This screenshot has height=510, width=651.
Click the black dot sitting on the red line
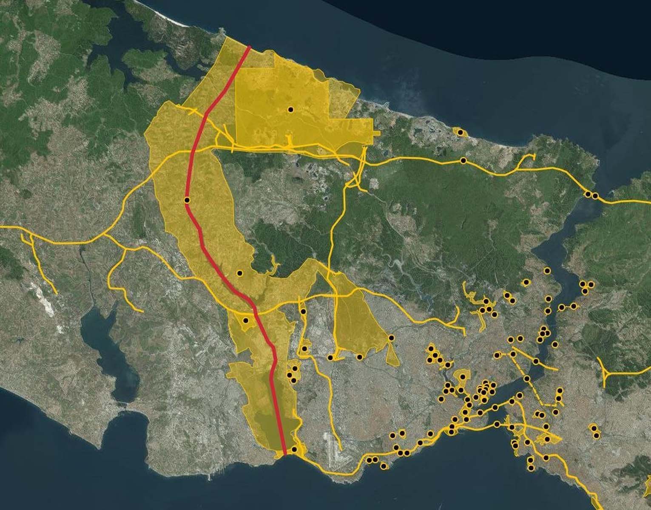coord(187,200)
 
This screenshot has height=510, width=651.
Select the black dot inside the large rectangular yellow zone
coord(290,109)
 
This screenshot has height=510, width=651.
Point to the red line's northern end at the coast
coord(249,46)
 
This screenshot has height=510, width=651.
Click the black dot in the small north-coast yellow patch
coord(460,133)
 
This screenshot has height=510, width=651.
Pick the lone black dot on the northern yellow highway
coord(463,161)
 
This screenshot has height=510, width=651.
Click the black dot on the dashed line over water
coord(527,378)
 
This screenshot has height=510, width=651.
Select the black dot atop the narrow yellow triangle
coord(391,338)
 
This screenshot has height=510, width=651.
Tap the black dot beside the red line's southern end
coord(294,449)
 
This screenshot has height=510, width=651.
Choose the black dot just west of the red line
coord(245,320)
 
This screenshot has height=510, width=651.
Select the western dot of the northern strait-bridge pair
coord(588,194)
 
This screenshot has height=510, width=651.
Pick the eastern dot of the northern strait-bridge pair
coord(595,196)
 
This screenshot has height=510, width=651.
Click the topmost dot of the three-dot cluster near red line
coord(295,368)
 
